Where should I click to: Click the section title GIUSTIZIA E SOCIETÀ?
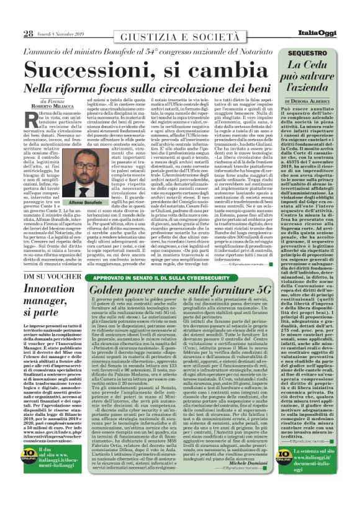coord(181,35)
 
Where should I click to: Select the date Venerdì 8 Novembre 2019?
coord(66,34)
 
